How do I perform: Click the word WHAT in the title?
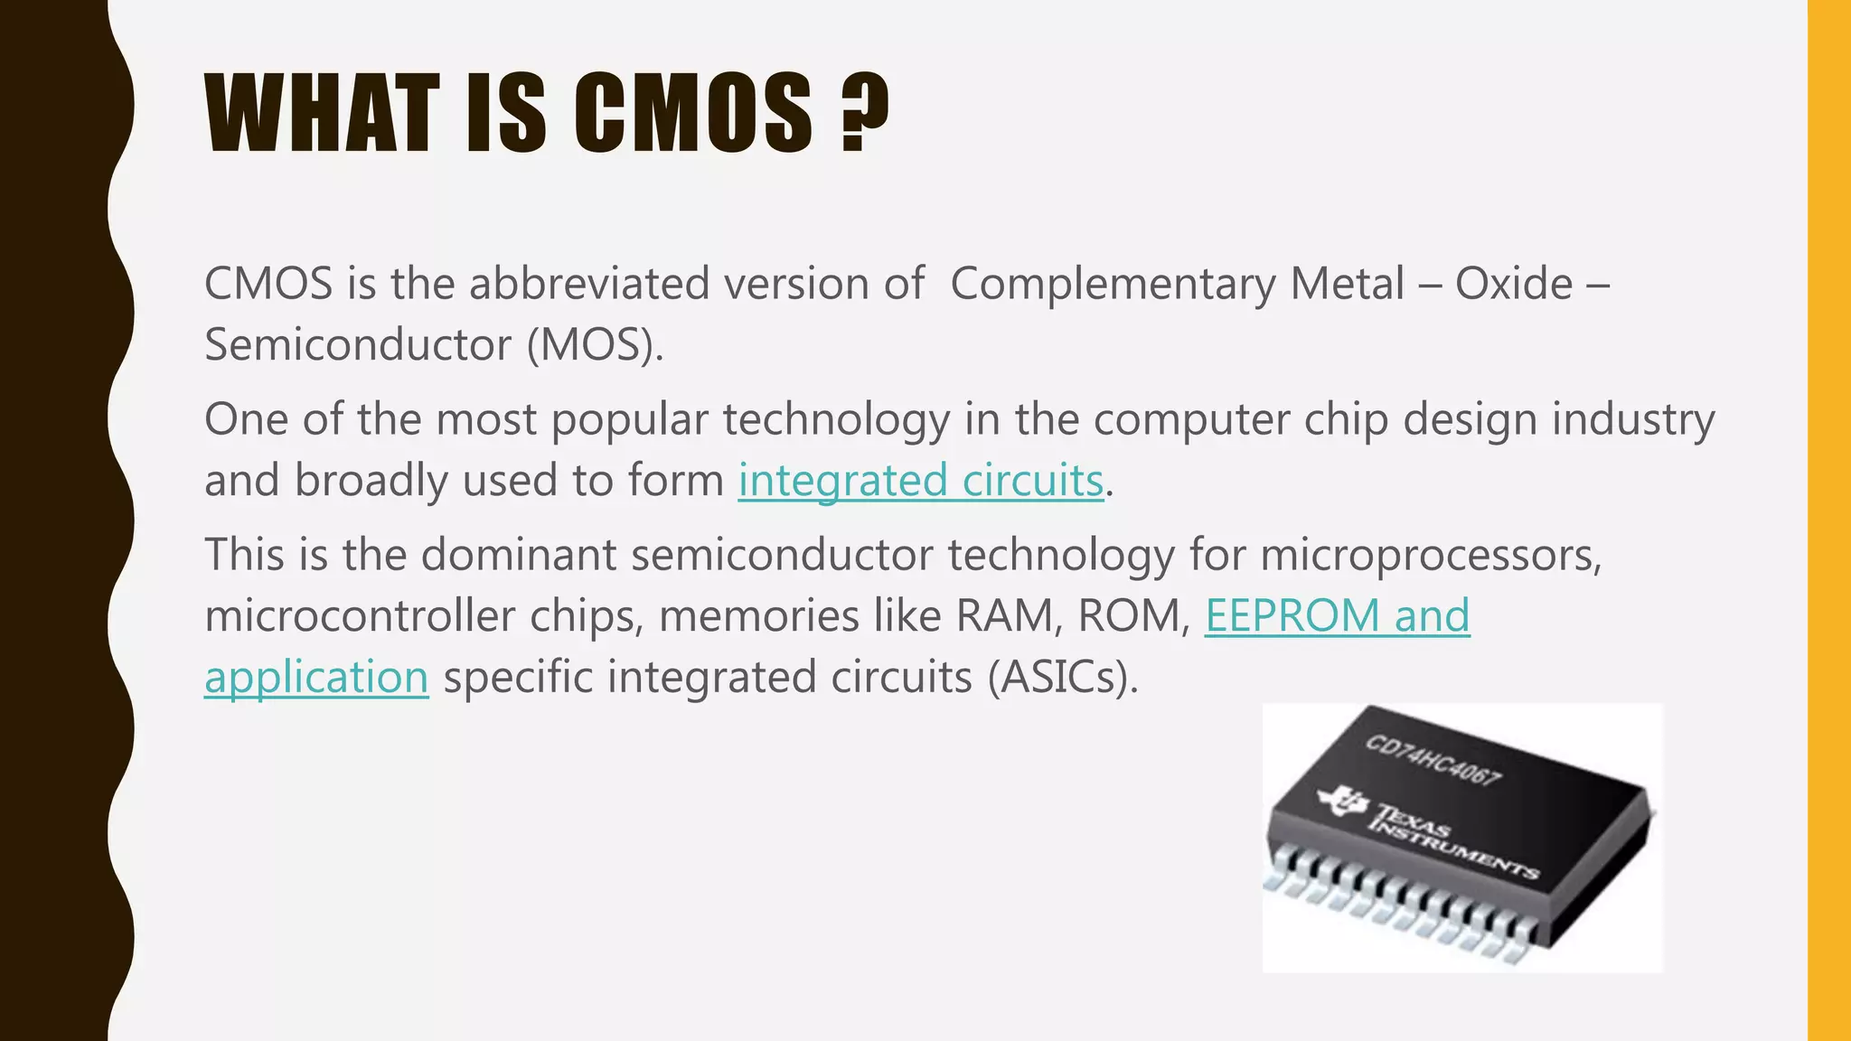322,114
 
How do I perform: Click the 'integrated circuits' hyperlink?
921,480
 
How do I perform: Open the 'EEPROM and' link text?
1337,616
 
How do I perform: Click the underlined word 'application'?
316,677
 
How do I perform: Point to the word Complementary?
1113,285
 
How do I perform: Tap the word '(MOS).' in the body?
596,345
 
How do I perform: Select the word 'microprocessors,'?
1431,555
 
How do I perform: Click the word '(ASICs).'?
1062,677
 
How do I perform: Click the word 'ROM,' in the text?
1134,616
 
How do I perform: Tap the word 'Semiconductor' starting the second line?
359,345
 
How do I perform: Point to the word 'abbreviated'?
589,285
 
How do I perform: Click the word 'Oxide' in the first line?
1514,285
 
